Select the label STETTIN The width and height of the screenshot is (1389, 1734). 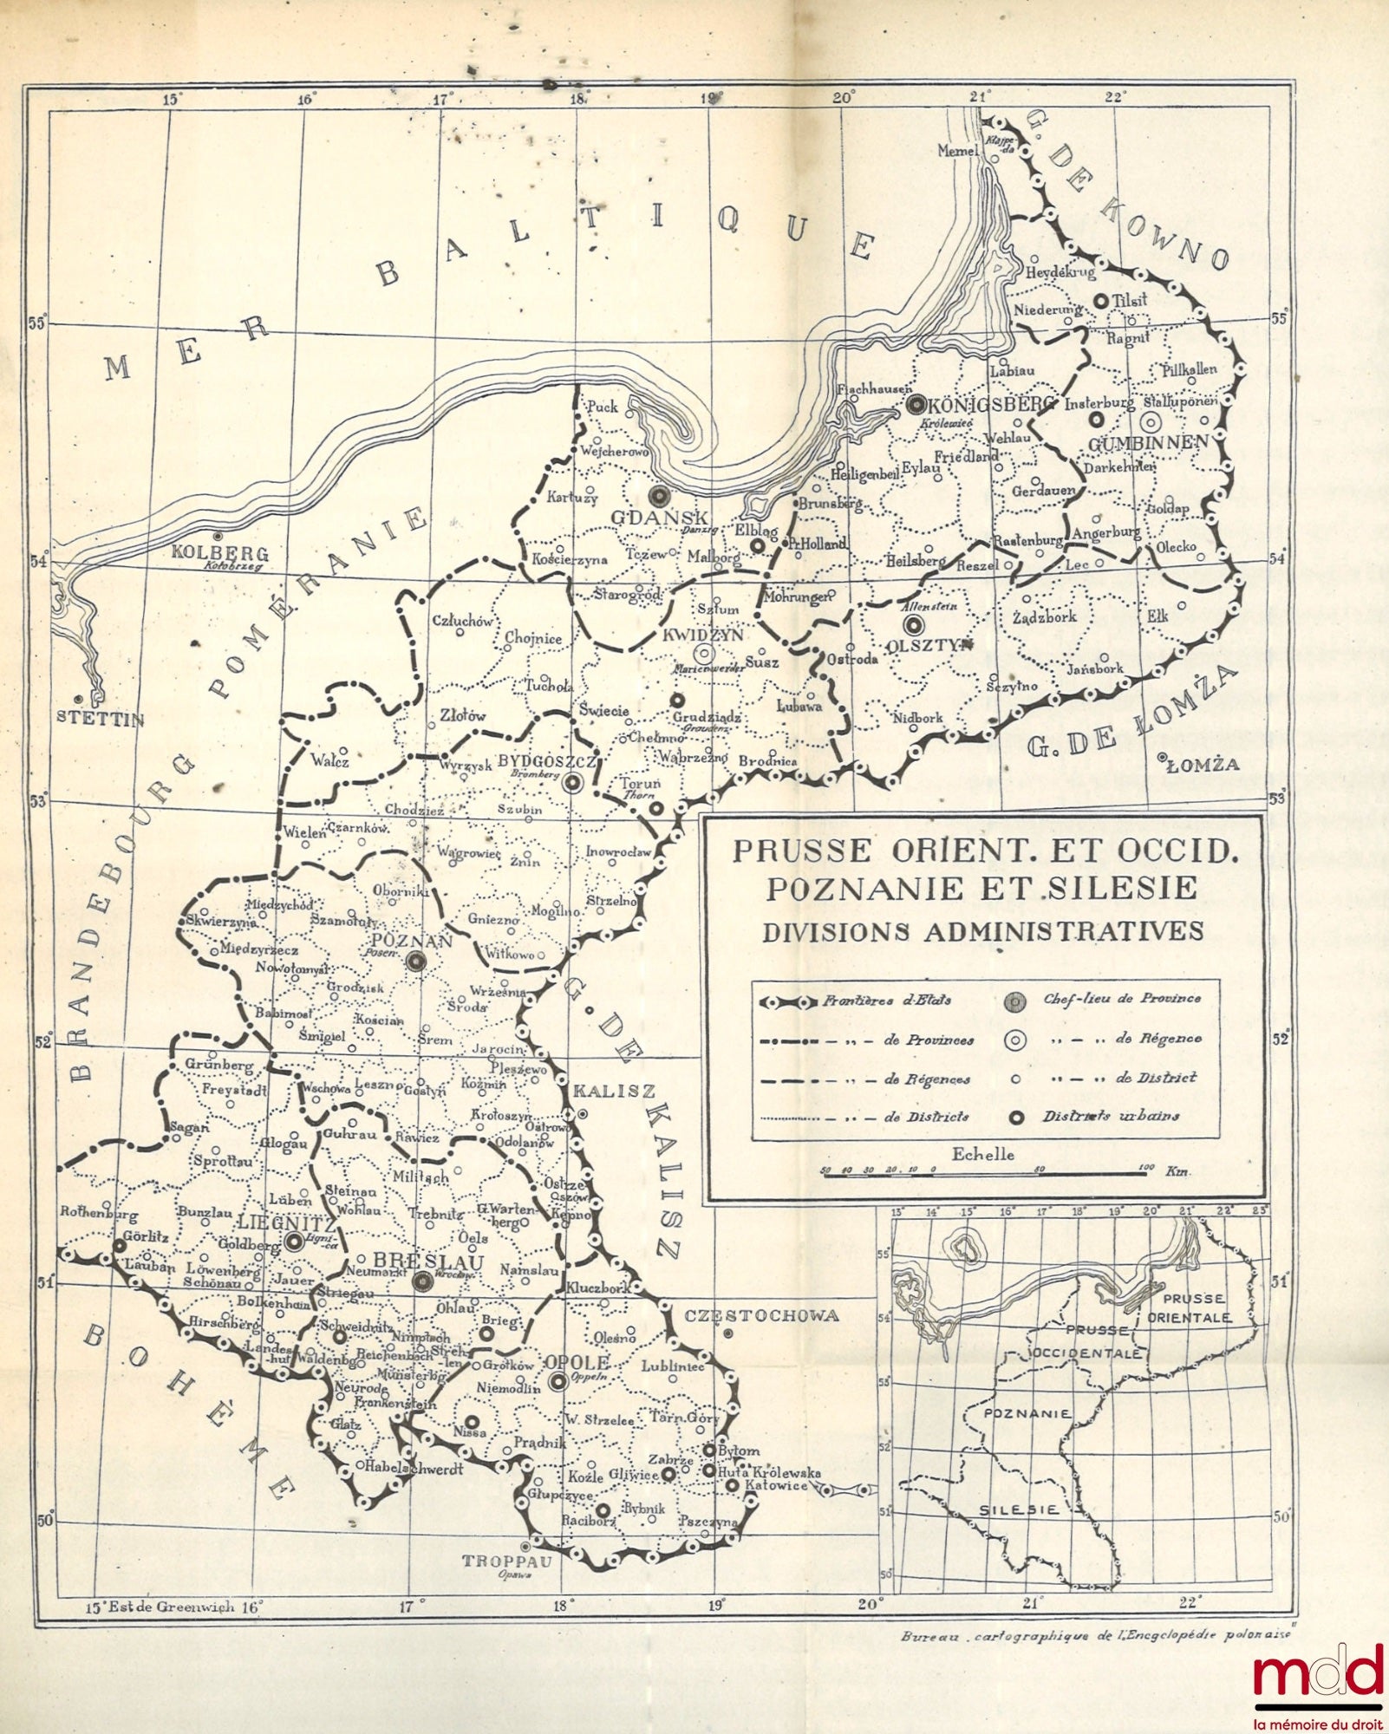101,718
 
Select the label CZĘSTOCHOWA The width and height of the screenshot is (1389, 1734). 761,1315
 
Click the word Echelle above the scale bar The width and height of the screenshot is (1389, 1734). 982,1154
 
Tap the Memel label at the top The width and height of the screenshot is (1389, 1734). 958,151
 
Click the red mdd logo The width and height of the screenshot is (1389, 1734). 1318,1670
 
